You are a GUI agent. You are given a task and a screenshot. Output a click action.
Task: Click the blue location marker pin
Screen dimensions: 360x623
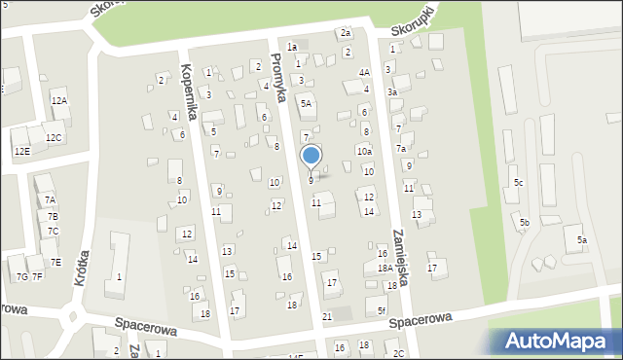(311, 156)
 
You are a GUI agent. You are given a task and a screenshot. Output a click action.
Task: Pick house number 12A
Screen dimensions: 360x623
(59, 100)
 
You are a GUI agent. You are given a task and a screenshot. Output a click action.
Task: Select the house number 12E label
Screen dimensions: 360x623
(21, 152)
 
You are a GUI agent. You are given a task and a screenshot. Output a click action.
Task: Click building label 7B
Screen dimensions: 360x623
(53, 216)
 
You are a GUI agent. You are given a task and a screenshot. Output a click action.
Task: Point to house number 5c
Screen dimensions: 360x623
(519, 183)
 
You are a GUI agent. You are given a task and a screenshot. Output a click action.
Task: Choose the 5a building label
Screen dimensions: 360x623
(581, 239)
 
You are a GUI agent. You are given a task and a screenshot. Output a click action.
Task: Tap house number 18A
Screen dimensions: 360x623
(385, 268)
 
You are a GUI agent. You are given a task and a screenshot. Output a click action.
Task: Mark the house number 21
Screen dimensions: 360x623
(327, 317)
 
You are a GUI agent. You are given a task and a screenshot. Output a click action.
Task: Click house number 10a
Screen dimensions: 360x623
(364, 151)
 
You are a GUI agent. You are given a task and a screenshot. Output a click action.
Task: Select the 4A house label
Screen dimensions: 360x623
(364, 72)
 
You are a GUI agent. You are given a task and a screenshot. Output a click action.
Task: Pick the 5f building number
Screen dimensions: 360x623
(383, 310)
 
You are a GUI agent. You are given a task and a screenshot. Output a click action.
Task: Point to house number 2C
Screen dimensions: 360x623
(398, 352)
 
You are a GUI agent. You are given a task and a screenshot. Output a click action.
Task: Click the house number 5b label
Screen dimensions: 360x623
(524, 223)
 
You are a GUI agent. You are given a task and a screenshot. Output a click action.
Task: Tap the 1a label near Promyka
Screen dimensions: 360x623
(291, 47)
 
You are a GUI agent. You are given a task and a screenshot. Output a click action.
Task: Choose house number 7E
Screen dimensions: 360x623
(55, 262)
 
